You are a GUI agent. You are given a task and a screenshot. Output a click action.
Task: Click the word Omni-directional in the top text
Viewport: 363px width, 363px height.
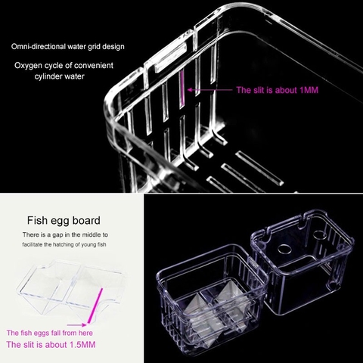click(x=39, y=47)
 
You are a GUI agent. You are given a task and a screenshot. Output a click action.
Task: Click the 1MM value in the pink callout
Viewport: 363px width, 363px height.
click(x=309, y=90)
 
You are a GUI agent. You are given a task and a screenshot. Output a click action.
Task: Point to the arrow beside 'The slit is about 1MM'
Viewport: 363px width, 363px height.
click(x=209, y=90)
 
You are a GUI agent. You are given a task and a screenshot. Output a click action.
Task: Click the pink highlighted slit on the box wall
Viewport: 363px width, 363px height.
click(x=182, y=89)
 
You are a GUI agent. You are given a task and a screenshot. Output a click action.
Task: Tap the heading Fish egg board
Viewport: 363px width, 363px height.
click(x=64, y=220)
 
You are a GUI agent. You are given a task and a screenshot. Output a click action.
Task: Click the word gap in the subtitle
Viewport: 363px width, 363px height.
click(x=57, y=235)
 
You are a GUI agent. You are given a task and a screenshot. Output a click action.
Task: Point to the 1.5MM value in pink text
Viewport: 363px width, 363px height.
click(x=82, y=345)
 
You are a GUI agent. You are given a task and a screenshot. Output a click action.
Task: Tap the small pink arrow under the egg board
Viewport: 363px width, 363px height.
click(x=76, y=325)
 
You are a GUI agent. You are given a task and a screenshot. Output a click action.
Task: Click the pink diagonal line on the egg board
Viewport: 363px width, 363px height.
click(x=95, y=306)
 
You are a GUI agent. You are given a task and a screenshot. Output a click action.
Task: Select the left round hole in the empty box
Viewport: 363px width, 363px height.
click(x=284, y=249)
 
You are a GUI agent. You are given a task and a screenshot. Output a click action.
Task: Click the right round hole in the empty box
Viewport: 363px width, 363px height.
click(x=320, y=235)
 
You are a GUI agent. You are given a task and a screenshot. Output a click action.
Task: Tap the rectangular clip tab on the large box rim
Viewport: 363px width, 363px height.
click(x=169, y=57)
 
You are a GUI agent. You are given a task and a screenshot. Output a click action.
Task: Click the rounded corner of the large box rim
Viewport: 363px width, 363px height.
click(x=113, y=101)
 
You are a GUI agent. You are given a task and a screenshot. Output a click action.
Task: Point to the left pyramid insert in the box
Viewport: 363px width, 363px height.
click(x=194, y=306)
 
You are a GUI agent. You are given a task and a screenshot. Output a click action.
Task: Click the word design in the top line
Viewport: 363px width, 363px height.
click(x=113, y=47)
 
